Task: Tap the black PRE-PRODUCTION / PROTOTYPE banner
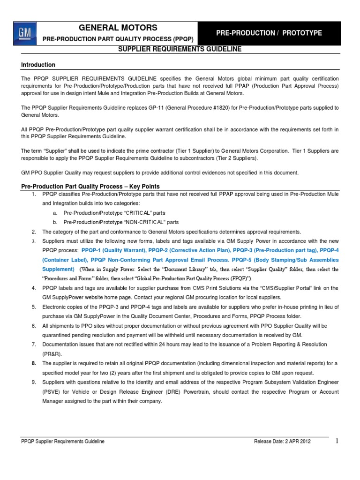tap(269, 33)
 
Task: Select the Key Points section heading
tap(90, 186)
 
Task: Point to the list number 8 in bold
tap(33, 363)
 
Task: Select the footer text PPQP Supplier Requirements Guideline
tap(63, 442)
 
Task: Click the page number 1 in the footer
tap(337, 441)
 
